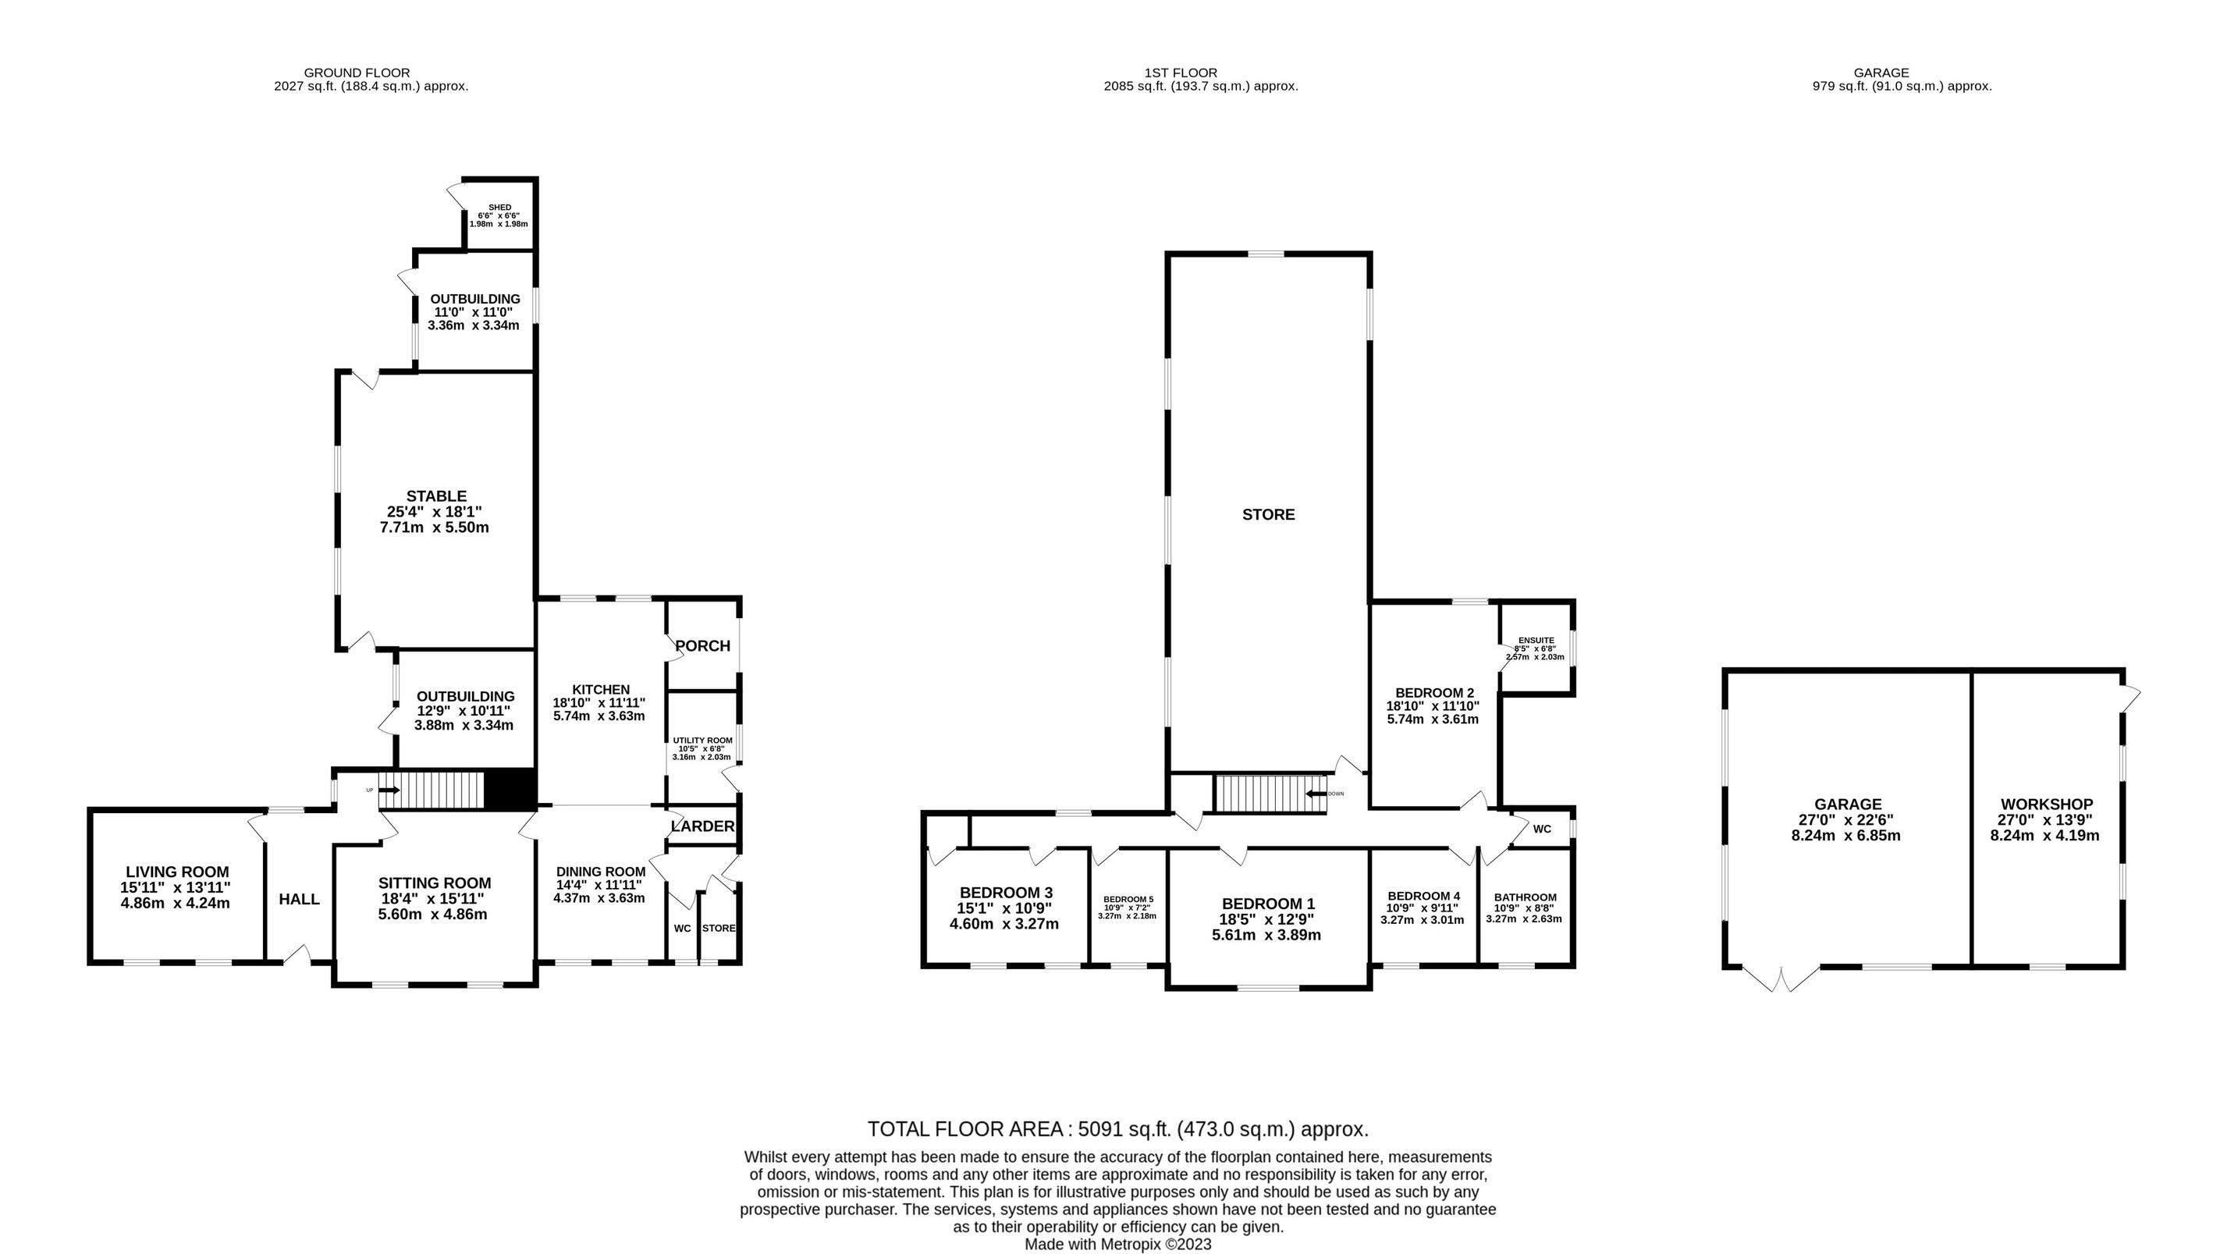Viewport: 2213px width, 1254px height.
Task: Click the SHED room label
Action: pyautogui.click(x=499, y=208)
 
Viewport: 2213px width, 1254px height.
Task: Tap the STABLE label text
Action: pyautogui.click(x=436, y=496)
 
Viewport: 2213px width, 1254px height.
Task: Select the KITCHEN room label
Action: pyautogui.click(x=601, y=690)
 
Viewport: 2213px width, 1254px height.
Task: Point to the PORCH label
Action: pyautogui.click(x=702, y=646)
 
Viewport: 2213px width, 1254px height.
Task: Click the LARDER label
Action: pyautogui.click(x=702, y=826)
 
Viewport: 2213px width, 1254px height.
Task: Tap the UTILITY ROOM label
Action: pyautogui.click(x=702, y=741)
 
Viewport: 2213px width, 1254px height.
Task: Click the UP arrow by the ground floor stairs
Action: pyautogui.click(x=389, y=790)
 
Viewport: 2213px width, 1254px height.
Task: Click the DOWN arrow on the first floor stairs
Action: pyautogui.click(x=1314, y=794)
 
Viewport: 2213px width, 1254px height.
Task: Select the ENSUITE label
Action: pyautogui.click(x=1536, y=641)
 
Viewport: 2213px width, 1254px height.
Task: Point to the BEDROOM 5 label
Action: pyautogui.click(x=1128, y=899)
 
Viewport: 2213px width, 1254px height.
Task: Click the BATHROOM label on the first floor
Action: pyautogui.click(x=1525, y=897)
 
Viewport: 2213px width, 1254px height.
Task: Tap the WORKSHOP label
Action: pyautogui.click(x=2047, y=805)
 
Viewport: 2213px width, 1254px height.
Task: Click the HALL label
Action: pyautogui.click(x=299, y=899)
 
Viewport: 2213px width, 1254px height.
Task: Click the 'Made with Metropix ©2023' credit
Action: pyautogui.click(x=1117, y=1244)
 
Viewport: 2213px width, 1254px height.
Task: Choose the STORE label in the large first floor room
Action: pyautogui.click(x=1268, y=514)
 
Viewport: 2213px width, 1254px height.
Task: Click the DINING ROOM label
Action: pyautogui.click(x=600, y=872)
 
